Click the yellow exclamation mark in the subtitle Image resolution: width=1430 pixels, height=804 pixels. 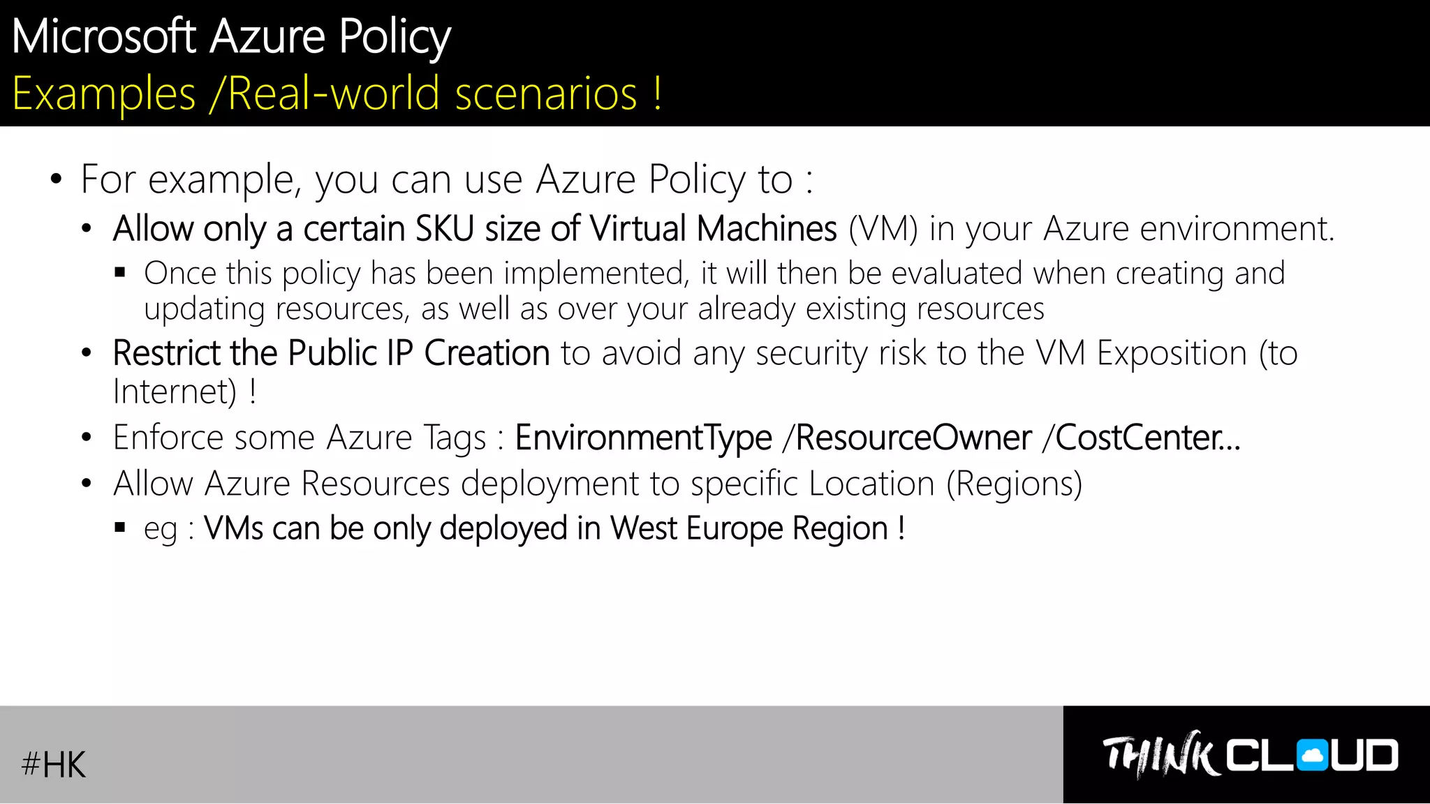pos(658,94)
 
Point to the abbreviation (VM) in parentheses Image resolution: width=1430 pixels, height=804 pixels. pos(883,229)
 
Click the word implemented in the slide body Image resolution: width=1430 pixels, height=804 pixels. pos(596,274)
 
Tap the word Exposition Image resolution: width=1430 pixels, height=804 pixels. pos(1172,353)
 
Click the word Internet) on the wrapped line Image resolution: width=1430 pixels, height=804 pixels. pos(175,392)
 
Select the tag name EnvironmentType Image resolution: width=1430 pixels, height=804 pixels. pos(643,438)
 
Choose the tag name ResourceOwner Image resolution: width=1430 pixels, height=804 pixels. pos(913,438)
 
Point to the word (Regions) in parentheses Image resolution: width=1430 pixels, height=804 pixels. pos(1014,484)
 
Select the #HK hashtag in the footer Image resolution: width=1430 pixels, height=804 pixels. pos(54,764)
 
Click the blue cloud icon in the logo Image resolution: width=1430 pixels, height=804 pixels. pos(1312,756)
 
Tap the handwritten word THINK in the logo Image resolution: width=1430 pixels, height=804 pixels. pos(1159,755)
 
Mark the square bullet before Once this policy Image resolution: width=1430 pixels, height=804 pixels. pos(120,273)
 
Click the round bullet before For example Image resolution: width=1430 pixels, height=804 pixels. pos(57,179)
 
